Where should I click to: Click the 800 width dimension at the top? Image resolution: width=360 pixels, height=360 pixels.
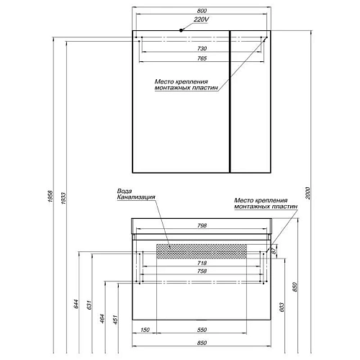(x=202, y=11)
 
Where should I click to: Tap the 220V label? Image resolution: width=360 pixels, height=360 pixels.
(x=201, y=19)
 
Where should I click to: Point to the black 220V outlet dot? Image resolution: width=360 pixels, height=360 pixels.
(x=181, y=30)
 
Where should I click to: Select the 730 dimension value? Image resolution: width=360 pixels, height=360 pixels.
(x=202, y=48)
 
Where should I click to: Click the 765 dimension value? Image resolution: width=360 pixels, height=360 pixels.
(x=202, y=58)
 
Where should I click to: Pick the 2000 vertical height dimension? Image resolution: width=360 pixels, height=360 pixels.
(x=308, y=193)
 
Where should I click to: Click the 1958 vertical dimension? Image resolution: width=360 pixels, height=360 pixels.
(x=50, y=196)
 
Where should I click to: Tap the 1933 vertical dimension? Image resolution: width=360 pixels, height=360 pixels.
(x=63, y=198)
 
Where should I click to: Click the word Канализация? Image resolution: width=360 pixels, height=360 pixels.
(x=136, y=197)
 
